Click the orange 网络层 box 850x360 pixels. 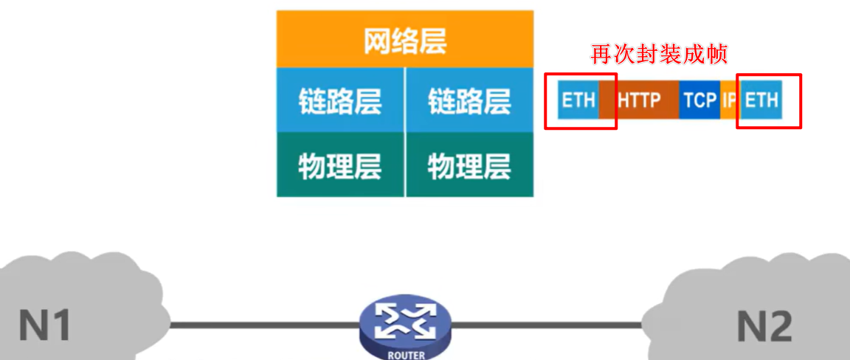pyautogui.click(x=404, y=40)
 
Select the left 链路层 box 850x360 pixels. pyautogui.click(x=340, y=100)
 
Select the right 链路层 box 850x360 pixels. pyautogui.click(x=469, y=100)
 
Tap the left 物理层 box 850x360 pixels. pyautogui.click(x=340, y=165)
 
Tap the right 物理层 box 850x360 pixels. pyautogui.click(x=469, y=165)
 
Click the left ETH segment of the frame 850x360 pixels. pyautogui.click(x=578, y=100)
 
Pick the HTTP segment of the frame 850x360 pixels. pyautogui.click(x=639, y=100)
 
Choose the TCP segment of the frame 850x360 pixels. pyautogui.click(x=699, y=100)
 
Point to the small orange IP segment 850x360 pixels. pyautogui.click(x=729, y=100)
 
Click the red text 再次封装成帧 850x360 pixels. pyautogui.click(x=660, y=55)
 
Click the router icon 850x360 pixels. pyautogui.click(x=404, y=323)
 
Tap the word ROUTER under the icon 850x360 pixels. pyautogui.click(x=405, y=355)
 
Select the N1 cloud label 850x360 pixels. pyautogui.click(x=45, y=325)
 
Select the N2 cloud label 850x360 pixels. pyautogui.click(x=765, y=325)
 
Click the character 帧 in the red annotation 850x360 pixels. pyautogui.click(x=719, y=55)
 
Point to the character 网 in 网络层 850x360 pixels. pyautogui.click(x=377, y=41)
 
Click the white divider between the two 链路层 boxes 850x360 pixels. pyautogui.click(x=405, y=100)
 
